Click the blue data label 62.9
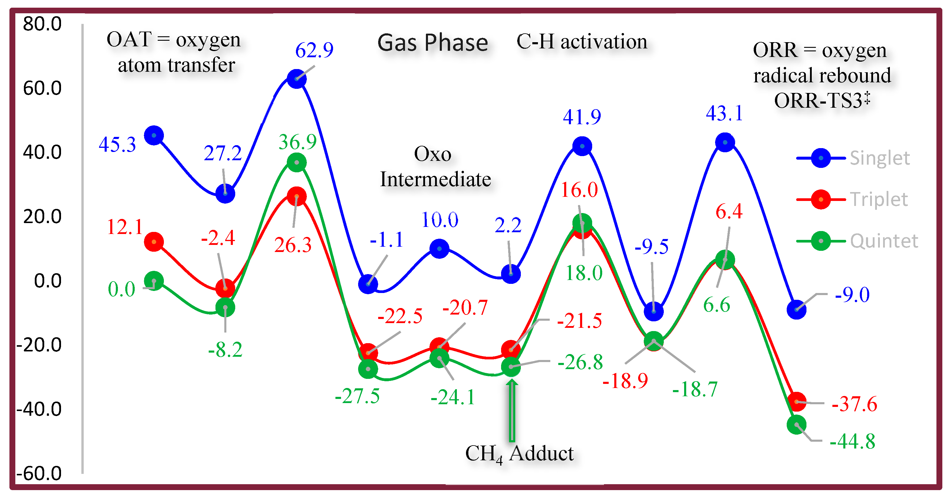314,50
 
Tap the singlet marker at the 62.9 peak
297,78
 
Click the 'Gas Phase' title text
433,42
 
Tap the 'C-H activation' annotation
582,41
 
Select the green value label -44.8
852,441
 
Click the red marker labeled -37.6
797,402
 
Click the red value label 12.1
124,227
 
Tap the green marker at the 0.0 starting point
154,281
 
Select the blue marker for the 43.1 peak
725,143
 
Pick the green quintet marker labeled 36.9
297,162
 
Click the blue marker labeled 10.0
439,249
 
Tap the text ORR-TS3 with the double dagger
822,100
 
